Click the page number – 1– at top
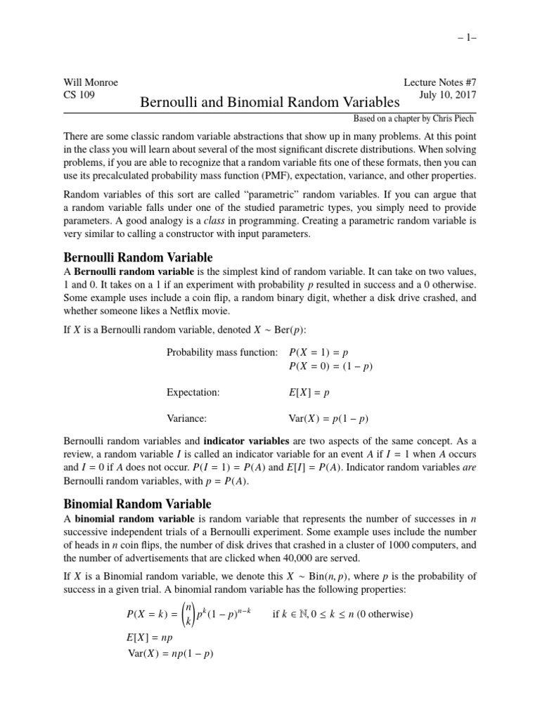coord(463,41)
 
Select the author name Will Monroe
coord(91,82)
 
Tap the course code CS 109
coord(79,95)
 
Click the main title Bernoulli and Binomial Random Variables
coord(270,103)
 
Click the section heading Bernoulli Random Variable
coord(138,257)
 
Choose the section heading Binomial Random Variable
coord(137,503)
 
